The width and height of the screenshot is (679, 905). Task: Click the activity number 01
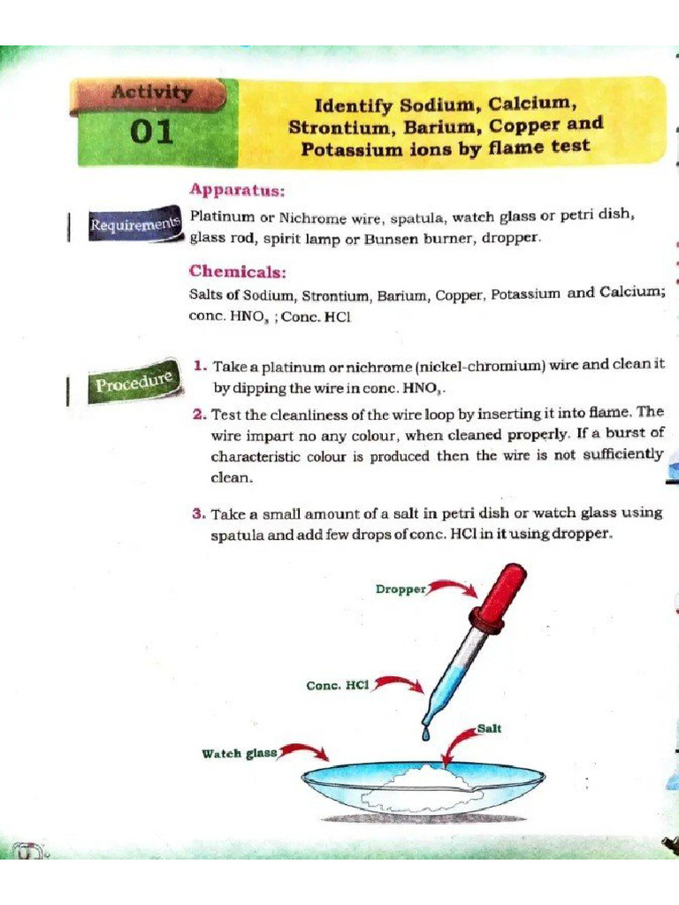click(152, 133)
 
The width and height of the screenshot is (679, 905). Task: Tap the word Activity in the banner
click(152, 92)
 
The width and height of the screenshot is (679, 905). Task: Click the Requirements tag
click(134, 224)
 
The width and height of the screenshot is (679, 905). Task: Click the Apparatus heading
click(237, 189)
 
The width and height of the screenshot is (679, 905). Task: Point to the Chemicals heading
click(238, 270)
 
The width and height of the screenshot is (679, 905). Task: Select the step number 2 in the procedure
click(200, 414)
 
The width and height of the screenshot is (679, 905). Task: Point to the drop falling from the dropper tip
click(426, 733)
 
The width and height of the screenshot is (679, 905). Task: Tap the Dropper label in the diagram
click(401, 589)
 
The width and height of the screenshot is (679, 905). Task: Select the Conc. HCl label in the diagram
click(338, 686)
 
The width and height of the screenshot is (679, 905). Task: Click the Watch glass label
click(240, 753)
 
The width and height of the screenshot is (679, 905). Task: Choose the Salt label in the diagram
click(489, 728)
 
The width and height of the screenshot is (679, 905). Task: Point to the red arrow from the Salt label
click(456, 743)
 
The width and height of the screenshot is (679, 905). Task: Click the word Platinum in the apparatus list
click(222, 217)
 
